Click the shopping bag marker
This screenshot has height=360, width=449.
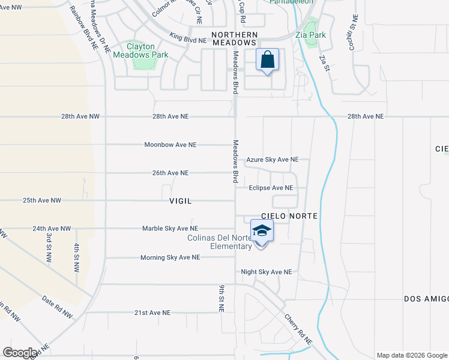tap(268, 61)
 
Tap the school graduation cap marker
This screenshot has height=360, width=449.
tap(262, 232)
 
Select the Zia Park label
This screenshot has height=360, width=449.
tap(311, 35)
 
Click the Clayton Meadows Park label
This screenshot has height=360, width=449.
tap(140, 50)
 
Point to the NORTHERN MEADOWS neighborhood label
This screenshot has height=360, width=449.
tap(234, 39)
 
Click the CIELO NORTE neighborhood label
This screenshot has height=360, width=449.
tap(289, 215)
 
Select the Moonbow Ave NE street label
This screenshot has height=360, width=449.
tap(170, 145)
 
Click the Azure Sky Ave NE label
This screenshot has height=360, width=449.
tap(273, 160)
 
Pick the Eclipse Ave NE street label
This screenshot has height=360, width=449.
tap(272, 188)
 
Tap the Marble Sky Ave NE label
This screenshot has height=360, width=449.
tap(170, 229)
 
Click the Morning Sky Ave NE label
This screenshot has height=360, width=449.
tap(170, 257)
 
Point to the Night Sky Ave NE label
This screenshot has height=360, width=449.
tap(266, 272)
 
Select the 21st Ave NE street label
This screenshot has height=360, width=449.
tap(152, 313)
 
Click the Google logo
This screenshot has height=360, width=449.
tap(20, 353)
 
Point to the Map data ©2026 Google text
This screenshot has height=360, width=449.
tap(411, 355)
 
